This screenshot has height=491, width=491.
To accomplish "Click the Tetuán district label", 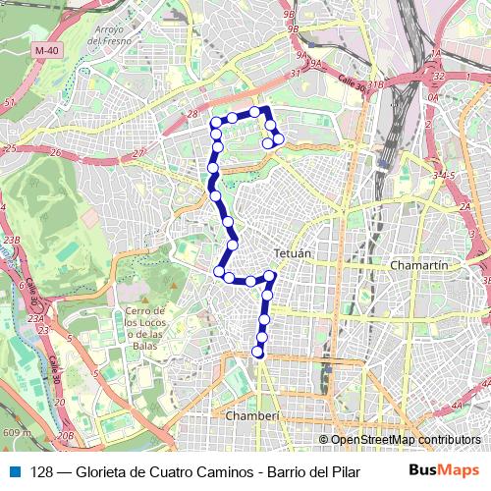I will click(294, 252).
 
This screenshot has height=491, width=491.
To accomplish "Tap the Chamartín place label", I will click(419, 266).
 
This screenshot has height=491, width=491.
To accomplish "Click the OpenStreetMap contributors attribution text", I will click(405, 440).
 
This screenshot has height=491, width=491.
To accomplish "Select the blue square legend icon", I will click(13, 470).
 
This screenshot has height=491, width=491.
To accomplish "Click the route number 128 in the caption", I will click(41, 470).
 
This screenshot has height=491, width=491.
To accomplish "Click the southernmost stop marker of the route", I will click(258, 352).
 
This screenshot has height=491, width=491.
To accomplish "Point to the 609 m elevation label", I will click(16, 432).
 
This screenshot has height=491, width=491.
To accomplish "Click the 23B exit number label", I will click(11, 240).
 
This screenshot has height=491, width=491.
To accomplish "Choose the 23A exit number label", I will click(37, 318).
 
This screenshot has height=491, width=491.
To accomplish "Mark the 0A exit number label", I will click(432, 98).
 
